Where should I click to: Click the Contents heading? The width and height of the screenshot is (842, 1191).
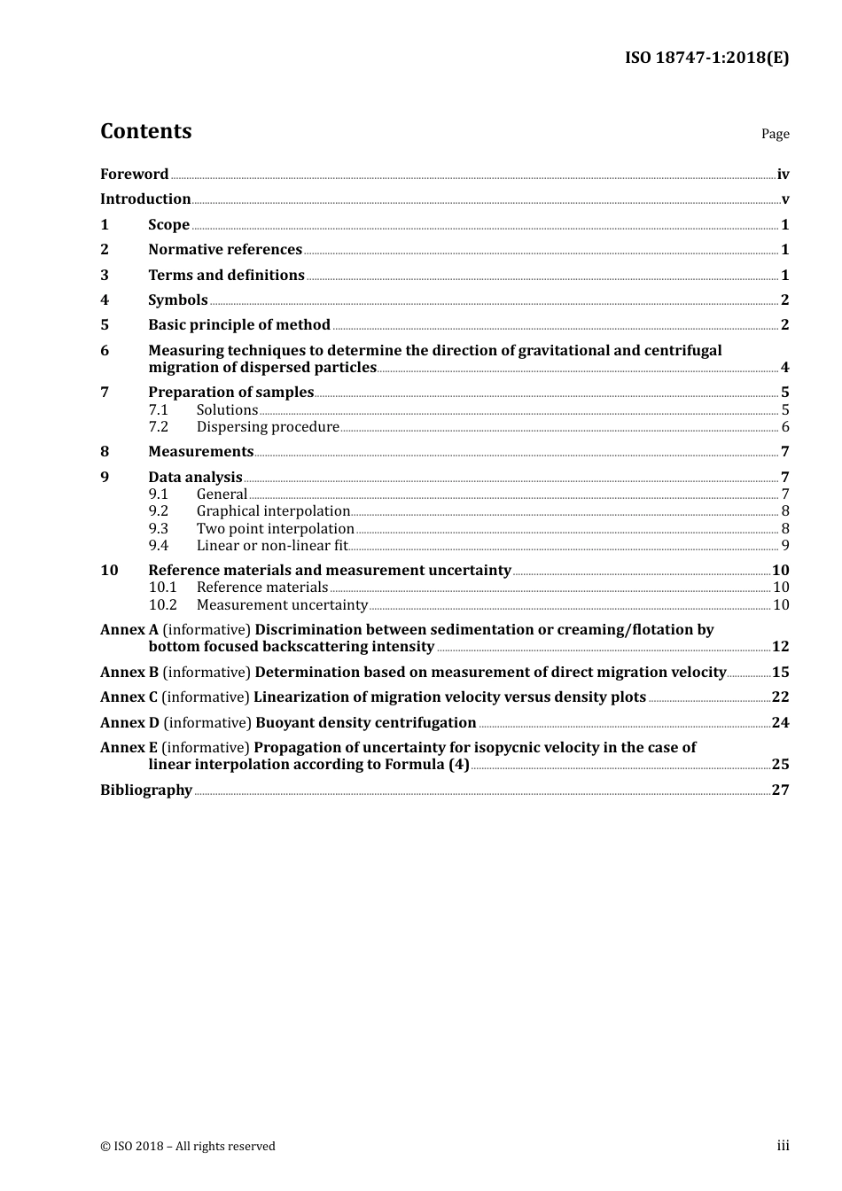point(145,131)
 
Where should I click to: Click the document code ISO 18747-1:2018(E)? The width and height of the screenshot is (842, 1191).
point(706,58)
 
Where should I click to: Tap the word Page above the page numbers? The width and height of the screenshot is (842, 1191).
point(775,134)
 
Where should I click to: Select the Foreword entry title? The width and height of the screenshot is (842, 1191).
point(134,175)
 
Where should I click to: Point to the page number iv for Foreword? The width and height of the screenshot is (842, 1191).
point(783,175)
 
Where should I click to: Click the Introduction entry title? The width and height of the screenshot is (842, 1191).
point(145,199)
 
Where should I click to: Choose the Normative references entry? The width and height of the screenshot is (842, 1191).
point(225,250)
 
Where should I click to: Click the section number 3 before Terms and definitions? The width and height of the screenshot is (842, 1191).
point(105,276)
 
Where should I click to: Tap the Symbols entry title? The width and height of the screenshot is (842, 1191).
point(178,300)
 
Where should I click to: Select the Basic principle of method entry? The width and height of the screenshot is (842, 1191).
point(239,325)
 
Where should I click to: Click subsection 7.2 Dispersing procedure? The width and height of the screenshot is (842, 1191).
point(268,427)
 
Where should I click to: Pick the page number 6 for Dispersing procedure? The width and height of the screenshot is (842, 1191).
point(785,427)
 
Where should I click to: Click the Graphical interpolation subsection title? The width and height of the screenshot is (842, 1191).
point(273,511)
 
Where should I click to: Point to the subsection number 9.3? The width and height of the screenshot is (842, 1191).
point(159,529)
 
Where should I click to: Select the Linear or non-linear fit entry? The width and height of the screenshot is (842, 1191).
point(272,546)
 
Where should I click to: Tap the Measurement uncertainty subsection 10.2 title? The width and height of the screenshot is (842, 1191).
point(282,605)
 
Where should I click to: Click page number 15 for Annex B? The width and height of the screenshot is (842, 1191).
point(780,673)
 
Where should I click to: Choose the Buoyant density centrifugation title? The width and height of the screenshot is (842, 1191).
point(366,723)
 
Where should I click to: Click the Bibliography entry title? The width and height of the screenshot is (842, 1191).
point(146,790)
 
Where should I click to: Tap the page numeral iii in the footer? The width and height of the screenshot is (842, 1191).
point(783,1146)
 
